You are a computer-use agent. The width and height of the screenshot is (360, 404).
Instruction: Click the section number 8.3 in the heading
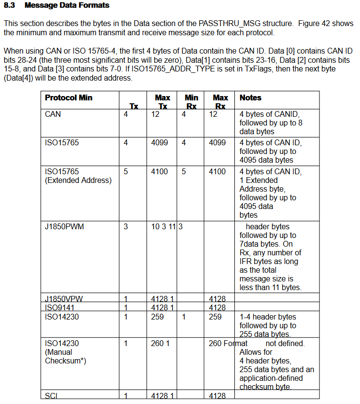(10, 5)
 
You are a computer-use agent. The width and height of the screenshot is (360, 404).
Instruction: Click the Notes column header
(250, 98)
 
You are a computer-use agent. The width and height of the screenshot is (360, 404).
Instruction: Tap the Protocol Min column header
(69, 98)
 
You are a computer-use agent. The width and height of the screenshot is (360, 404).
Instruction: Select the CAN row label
(53, 114)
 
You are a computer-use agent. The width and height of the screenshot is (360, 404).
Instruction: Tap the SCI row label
(51, 396)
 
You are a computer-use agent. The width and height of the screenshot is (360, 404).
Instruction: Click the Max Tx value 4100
(159, 171)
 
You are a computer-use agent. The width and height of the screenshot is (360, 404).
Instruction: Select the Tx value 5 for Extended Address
(126, 171)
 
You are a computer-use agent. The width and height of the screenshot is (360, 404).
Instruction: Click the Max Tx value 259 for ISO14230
(158, 317)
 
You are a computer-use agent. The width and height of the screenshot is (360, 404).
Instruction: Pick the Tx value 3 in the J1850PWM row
(126, 226)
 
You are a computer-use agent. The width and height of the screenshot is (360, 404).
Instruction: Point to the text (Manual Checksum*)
(65, 356)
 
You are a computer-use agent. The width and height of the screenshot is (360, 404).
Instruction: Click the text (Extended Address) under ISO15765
(78, 180)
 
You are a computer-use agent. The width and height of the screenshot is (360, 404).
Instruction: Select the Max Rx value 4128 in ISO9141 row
(217, 307)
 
